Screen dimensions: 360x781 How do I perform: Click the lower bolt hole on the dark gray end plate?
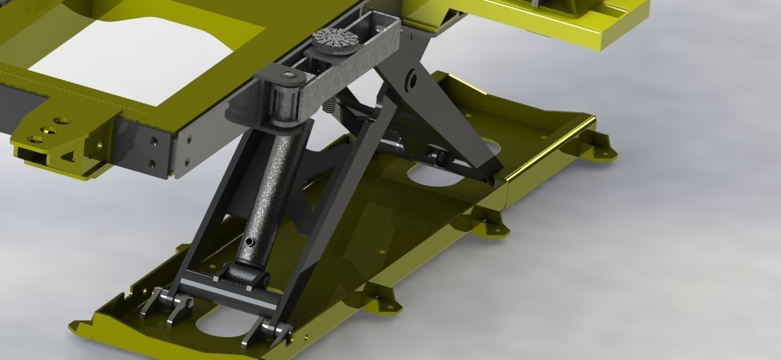pyautogui.click(x=152, y=164)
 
